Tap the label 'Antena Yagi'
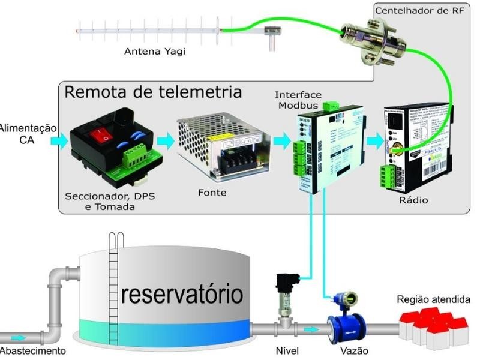pyautogui.click(x=155, y=52)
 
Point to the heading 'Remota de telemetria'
pyautogui.click(x=153, y=92)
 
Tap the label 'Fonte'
pyautogui.click(x=212, y=194)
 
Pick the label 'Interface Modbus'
pyautogui.click(x=298, y=101)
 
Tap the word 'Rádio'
pyautogui.click(x=413, y=200)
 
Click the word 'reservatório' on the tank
pyautogui.click(x=182, y=295)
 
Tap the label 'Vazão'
pyautogui.click(x=353, y=351)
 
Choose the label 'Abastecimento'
pyautogui.click(x=29, y=351)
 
